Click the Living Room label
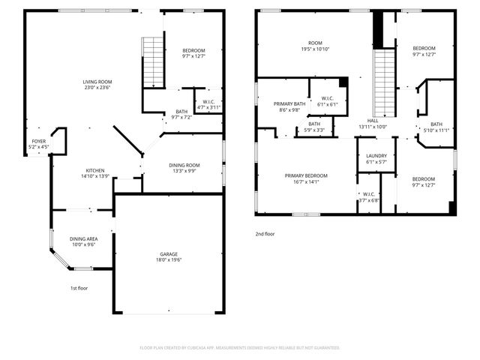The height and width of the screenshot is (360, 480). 97,85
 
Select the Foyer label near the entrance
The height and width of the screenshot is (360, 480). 38,144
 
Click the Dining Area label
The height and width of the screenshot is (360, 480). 82,241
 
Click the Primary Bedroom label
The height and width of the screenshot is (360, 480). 306,178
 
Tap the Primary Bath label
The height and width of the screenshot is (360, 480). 289,106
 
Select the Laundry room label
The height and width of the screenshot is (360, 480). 376,158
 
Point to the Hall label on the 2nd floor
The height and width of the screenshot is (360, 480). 373,123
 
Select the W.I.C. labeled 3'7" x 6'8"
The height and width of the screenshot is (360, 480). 367,197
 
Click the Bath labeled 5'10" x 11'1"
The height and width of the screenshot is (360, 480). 436,127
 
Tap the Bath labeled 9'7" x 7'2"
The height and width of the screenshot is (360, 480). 182,114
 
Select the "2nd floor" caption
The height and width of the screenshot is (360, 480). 265,234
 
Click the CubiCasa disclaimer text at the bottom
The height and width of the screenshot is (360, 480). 240,348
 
